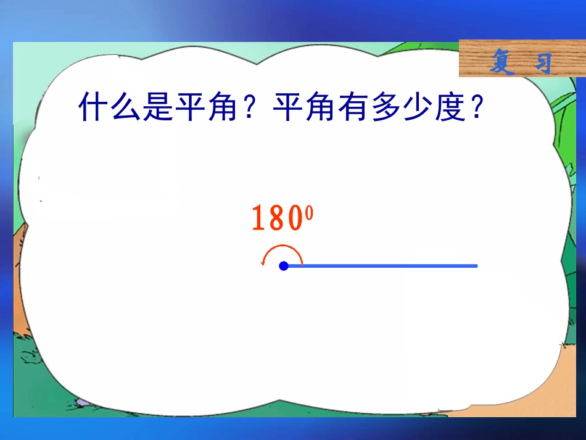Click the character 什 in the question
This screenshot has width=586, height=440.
[93, 107]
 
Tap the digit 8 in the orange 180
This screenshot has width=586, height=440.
[276, 218]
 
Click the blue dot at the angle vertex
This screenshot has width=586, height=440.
[284, 266]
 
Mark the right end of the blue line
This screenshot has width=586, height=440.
[476, 266]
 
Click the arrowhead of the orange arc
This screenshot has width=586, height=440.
[263, 264]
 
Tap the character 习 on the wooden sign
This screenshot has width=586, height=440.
[542, 62]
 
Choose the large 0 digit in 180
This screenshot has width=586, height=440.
[294, 218]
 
